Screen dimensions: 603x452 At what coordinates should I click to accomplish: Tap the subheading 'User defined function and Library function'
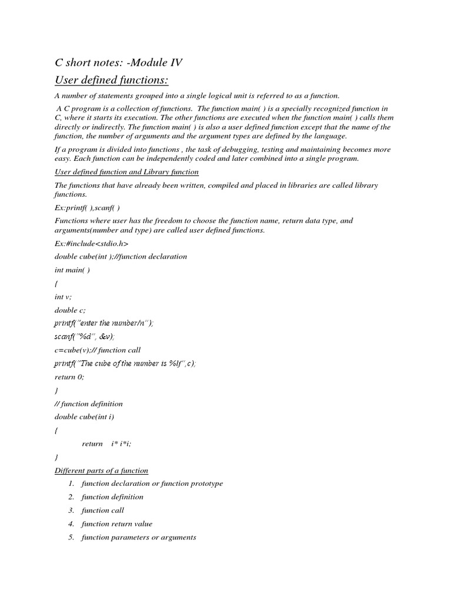click(x=127, y=172)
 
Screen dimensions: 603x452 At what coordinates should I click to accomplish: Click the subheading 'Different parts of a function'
click(x=101, y=471)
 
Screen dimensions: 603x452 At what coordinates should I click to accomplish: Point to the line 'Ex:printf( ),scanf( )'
click(x=87, y=207)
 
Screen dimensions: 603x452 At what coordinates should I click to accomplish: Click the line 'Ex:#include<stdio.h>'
click(x=91, y=243)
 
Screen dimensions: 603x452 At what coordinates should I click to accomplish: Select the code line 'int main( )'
click(x=72, y=270)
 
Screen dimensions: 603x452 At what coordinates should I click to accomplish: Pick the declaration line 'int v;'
click(x=63, y=297)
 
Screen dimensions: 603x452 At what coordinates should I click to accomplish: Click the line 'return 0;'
click(x=69, y=377)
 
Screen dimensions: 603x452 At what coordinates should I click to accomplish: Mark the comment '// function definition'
click(x=89, y=404)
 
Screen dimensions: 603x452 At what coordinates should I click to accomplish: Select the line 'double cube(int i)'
click(x=84, y=417)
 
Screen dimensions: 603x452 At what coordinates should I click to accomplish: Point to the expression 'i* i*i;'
click(x=121, y=444)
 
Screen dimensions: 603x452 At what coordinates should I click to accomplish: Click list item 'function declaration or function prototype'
click(x=152, y=483)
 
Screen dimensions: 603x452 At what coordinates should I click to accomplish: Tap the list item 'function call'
click(x=103, y=511)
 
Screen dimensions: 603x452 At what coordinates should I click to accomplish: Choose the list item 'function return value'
click(x=117, y=524)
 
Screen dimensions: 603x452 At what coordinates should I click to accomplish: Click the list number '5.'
click(x=71, y=537)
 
